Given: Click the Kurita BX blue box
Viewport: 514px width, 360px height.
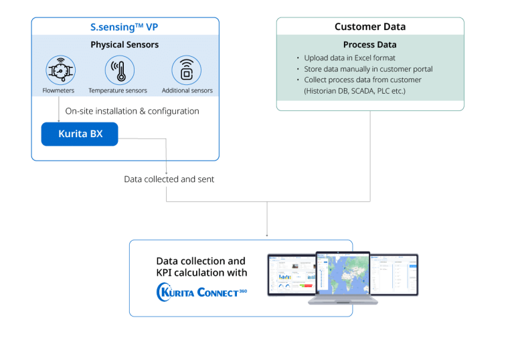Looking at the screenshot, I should pos(80,134).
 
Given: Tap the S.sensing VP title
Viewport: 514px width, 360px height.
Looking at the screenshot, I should pos(124,27).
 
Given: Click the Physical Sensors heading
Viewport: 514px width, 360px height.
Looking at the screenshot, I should pos(124,45).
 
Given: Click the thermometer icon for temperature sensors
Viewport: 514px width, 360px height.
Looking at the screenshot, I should pos(120,70).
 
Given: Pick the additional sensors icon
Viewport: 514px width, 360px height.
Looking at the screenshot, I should pos(187,70).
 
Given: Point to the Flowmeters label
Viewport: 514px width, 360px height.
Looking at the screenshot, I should pos(59,90).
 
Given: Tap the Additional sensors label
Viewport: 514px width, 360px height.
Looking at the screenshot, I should pos(187,90).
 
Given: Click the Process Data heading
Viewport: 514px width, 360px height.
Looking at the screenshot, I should pos(369,45).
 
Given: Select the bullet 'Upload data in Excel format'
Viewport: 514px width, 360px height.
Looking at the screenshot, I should pos(349,58).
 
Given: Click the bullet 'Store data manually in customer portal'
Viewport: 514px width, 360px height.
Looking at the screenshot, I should pos(368,69).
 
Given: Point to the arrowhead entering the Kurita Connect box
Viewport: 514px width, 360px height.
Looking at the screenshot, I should pos(267,234).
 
